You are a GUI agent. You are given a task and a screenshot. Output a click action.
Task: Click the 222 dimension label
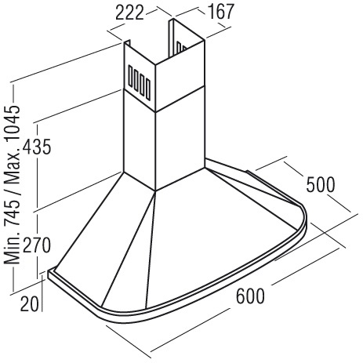tap(129, 13)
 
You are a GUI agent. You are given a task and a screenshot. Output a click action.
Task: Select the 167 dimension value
tap(221, 12)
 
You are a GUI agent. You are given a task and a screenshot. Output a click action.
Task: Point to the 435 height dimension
tap(36, 147)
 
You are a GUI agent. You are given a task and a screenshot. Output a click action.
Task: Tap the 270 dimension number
tap(36, 245)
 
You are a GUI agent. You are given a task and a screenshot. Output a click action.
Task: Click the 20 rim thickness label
tap(30, 304)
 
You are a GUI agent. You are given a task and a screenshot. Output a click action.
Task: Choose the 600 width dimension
tap(250, 296)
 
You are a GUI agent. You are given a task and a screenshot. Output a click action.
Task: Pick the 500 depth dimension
tap(321, 185)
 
